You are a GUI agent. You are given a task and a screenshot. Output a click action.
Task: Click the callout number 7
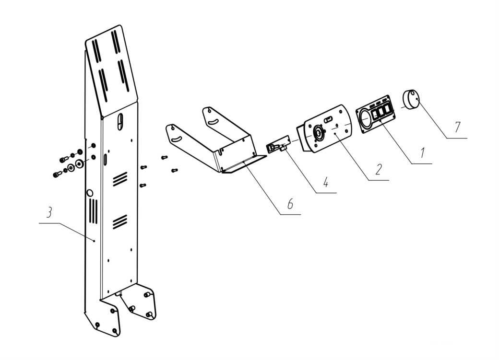coord(458,127)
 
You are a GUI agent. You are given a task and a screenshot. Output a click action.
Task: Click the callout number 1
coord(422,152)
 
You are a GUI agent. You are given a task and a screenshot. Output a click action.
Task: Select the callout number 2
coord(379,170)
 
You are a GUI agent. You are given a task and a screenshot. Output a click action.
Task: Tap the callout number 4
coord(326,182)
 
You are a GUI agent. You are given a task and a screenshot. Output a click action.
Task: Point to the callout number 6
coord(290,204)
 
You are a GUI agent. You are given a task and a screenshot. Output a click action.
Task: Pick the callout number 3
coord(48,213)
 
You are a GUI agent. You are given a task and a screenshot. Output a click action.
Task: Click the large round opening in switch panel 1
coord(366,119)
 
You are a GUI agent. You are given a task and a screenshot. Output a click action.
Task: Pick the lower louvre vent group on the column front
coord(120,221)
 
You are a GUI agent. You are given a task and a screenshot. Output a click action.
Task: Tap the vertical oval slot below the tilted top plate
coord(119,121)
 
